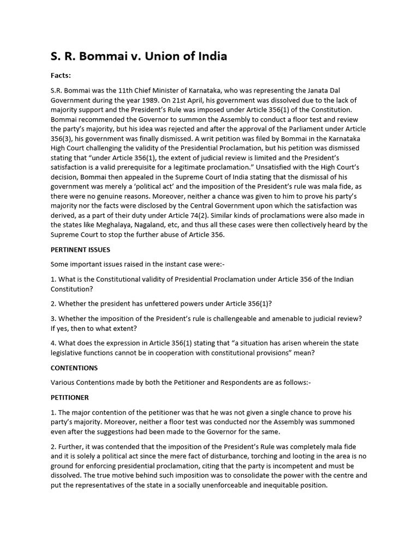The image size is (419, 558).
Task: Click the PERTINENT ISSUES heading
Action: click(x=80, y=250)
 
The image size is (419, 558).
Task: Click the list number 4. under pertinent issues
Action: click(x=53, y=343)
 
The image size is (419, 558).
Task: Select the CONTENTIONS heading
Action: click(x=74, y=368)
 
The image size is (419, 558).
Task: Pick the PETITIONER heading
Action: click(x=70, y=397)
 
